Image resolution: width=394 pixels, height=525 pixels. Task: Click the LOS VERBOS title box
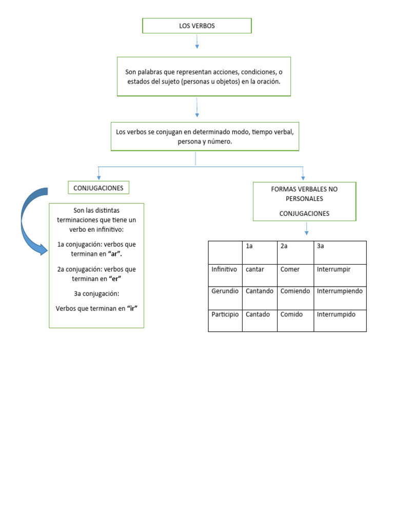(x=197, y=26)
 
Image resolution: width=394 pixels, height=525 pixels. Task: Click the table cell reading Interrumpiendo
(x=340, y=291)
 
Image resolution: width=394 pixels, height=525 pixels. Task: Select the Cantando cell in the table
(x=260, y=291)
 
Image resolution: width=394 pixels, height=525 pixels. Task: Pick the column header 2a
(x=284, y=247)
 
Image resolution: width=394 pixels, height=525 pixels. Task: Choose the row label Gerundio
(x=225, y=291)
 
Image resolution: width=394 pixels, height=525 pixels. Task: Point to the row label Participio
(x=225, y=314)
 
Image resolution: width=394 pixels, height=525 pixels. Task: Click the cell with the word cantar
(x=255, y=269)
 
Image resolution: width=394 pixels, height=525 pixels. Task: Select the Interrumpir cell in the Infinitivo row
(x=333, y=269)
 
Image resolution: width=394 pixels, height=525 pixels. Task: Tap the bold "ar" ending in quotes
(x=116, y=253)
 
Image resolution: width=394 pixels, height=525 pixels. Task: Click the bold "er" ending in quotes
(x=115, y=278)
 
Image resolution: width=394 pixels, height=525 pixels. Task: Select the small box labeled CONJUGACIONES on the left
(x=98, y=188)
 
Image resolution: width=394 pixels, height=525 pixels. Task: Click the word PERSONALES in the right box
(x=304, y=198)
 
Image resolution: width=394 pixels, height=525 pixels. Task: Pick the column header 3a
(x=321, y=247)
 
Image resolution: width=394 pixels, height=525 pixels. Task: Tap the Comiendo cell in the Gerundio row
(x=295, y=291)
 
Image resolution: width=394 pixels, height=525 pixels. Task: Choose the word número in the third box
(x=220, y=142)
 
